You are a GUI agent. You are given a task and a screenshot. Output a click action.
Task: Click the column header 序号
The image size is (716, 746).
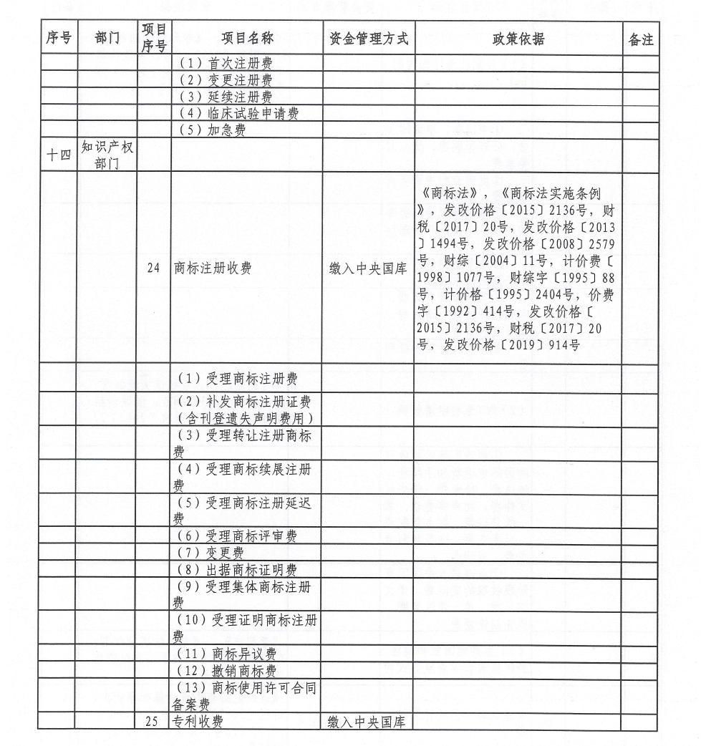[58, 39]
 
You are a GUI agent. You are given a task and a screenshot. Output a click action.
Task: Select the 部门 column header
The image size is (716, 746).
[107, 39]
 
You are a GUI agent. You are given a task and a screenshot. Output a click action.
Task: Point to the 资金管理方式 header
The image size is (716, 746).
[369, 39]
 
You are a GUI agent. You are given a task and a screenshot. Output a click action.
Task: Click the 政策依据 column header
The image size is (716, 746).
[518, 39]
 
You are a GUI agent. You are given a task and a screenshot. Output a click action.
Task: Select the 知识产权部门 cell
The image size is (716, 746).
[107, 155]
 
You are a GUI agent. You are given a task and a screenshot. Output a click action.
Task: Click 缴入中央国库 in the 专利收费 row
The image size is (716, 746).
[368, 722]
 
